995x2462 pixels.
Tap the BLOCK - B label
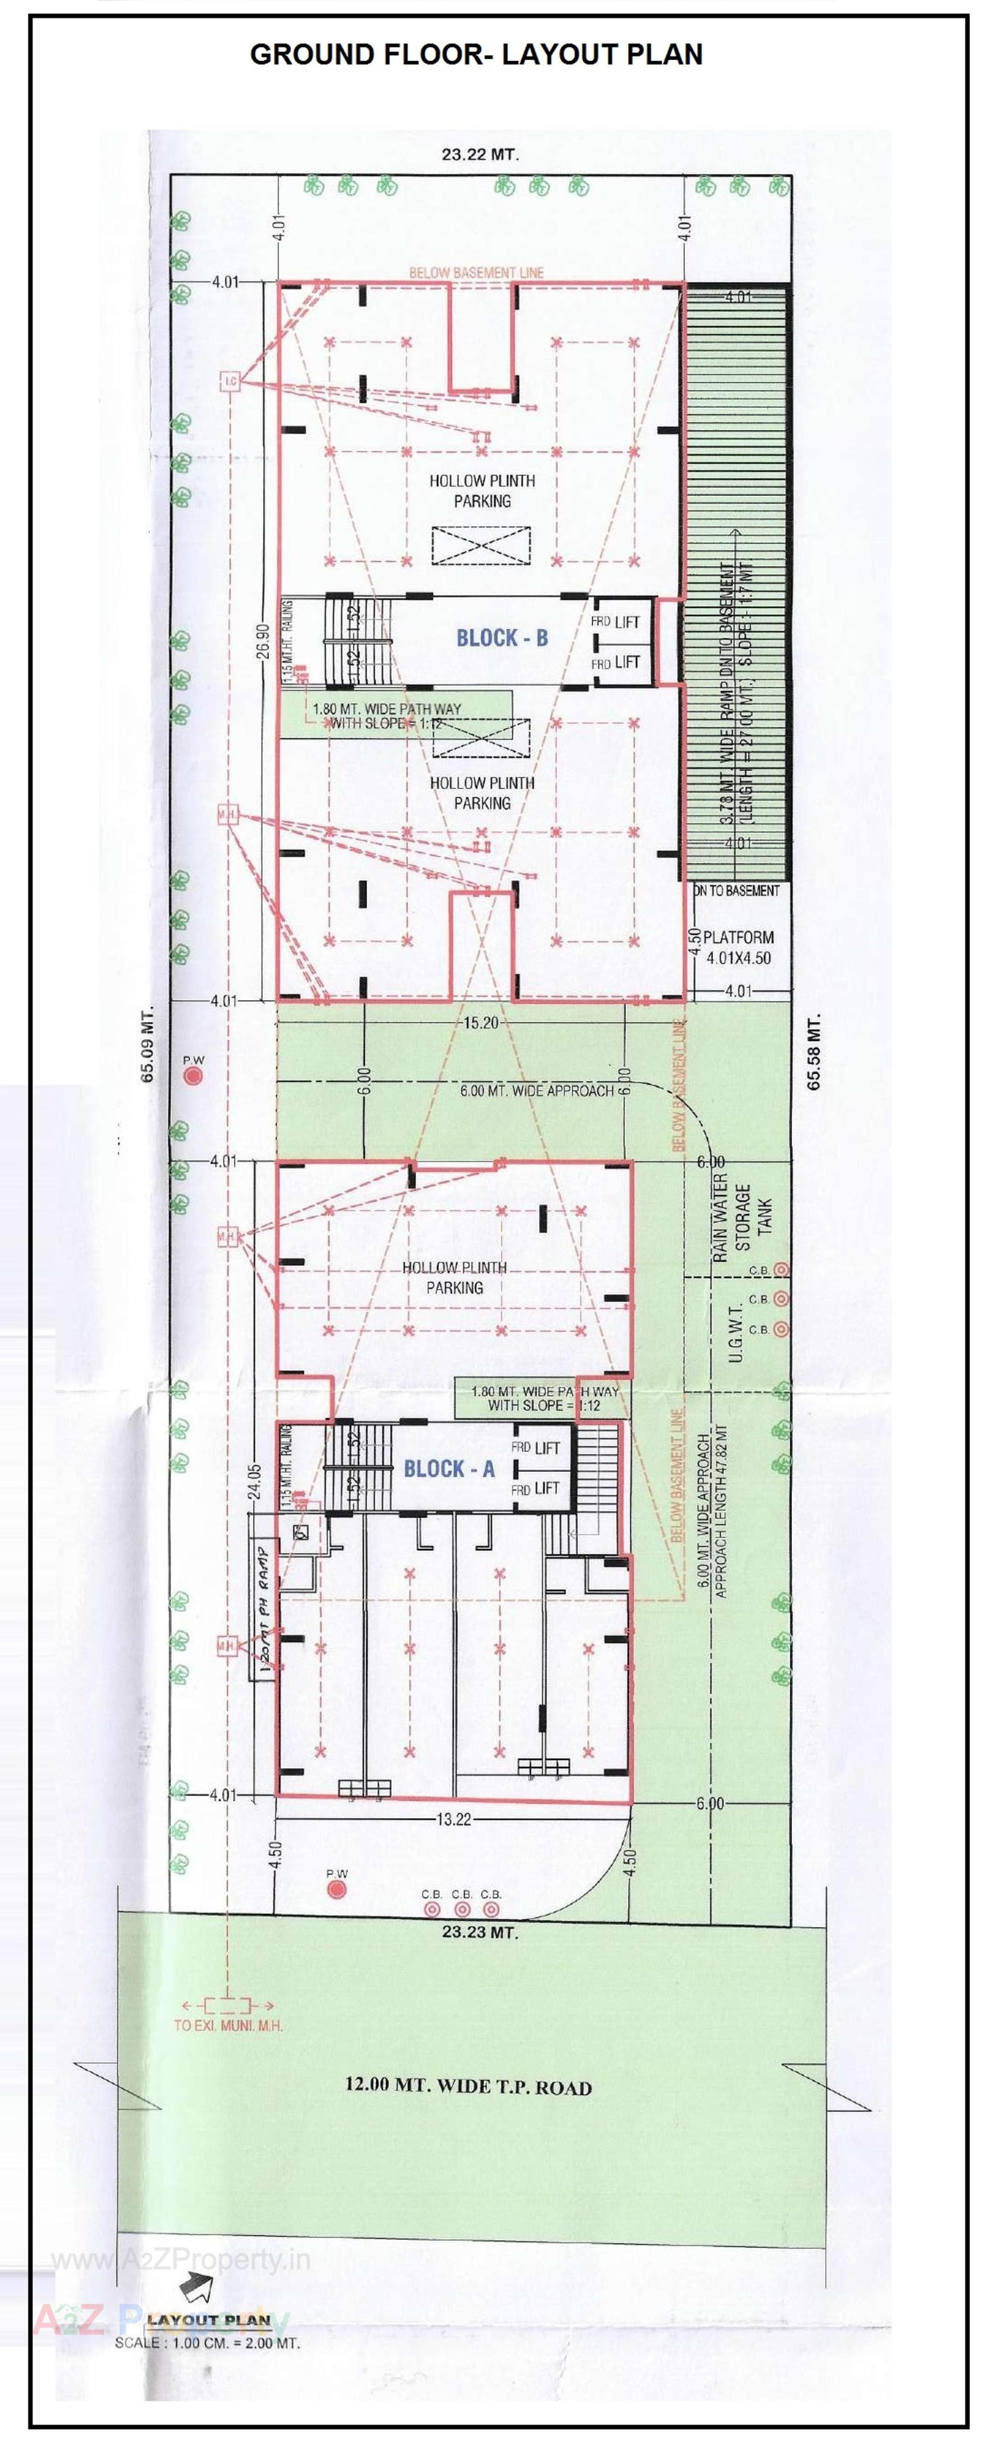coord(502,638)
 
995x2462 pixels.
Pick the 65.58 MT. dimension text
coord(814,1051)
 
